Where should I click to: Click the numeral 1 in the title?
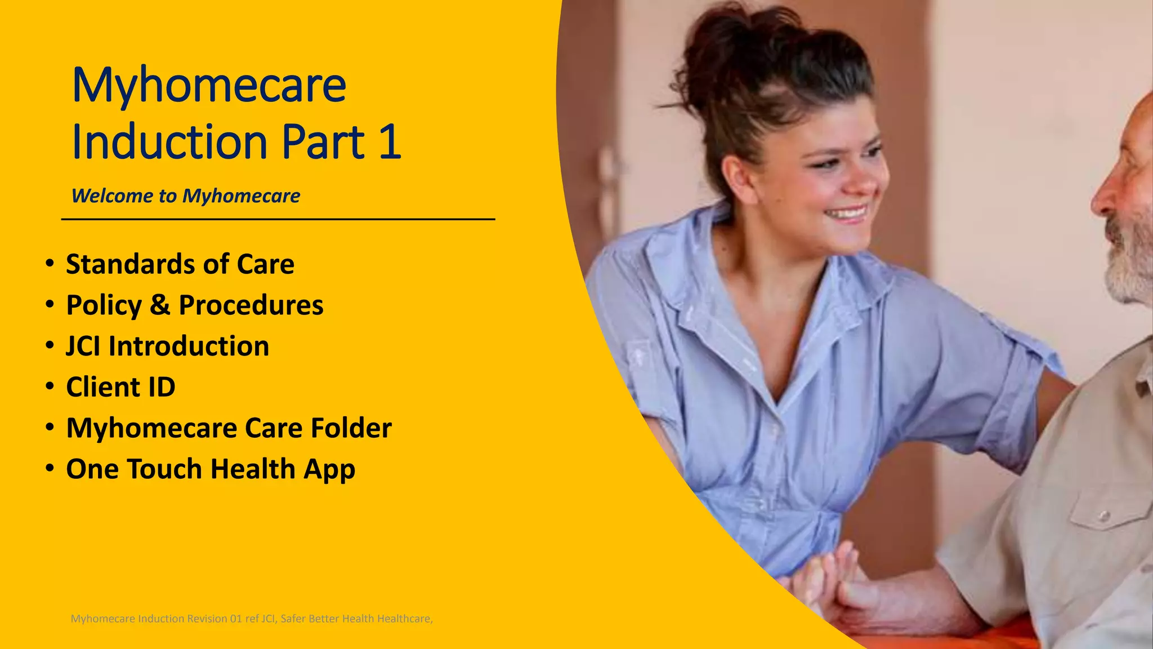pyautogui.click(x=390, y=141)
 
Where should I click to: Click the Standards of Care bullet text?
pyautogui.click(x=180, y=264)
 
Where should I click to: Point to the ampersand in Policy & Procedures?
pyautogui.click(x=160, y=305)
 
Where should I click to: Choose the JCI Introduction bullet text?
pyautogui.click(x=168, y=346)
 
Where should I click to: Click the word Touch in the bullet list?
pyautogui.click(x=164, y=469)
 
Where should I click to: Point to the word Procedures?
pyautogui.click(x=251, y=305)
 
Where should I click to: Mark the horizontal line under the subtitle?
pyautogui.click(x=278, y=219)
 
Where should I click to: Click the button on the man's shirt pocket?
pyautogui.click(x=1104, y=515)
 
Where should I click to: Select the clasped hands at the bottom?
pyautogui.click(x=833, y=580)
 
